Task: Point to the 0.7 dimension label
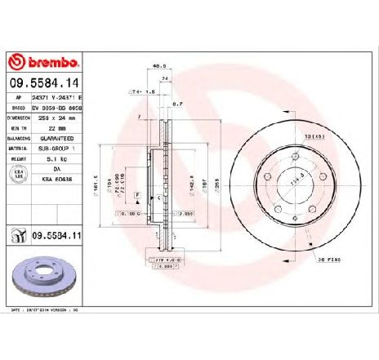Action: tap(176, 104)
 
